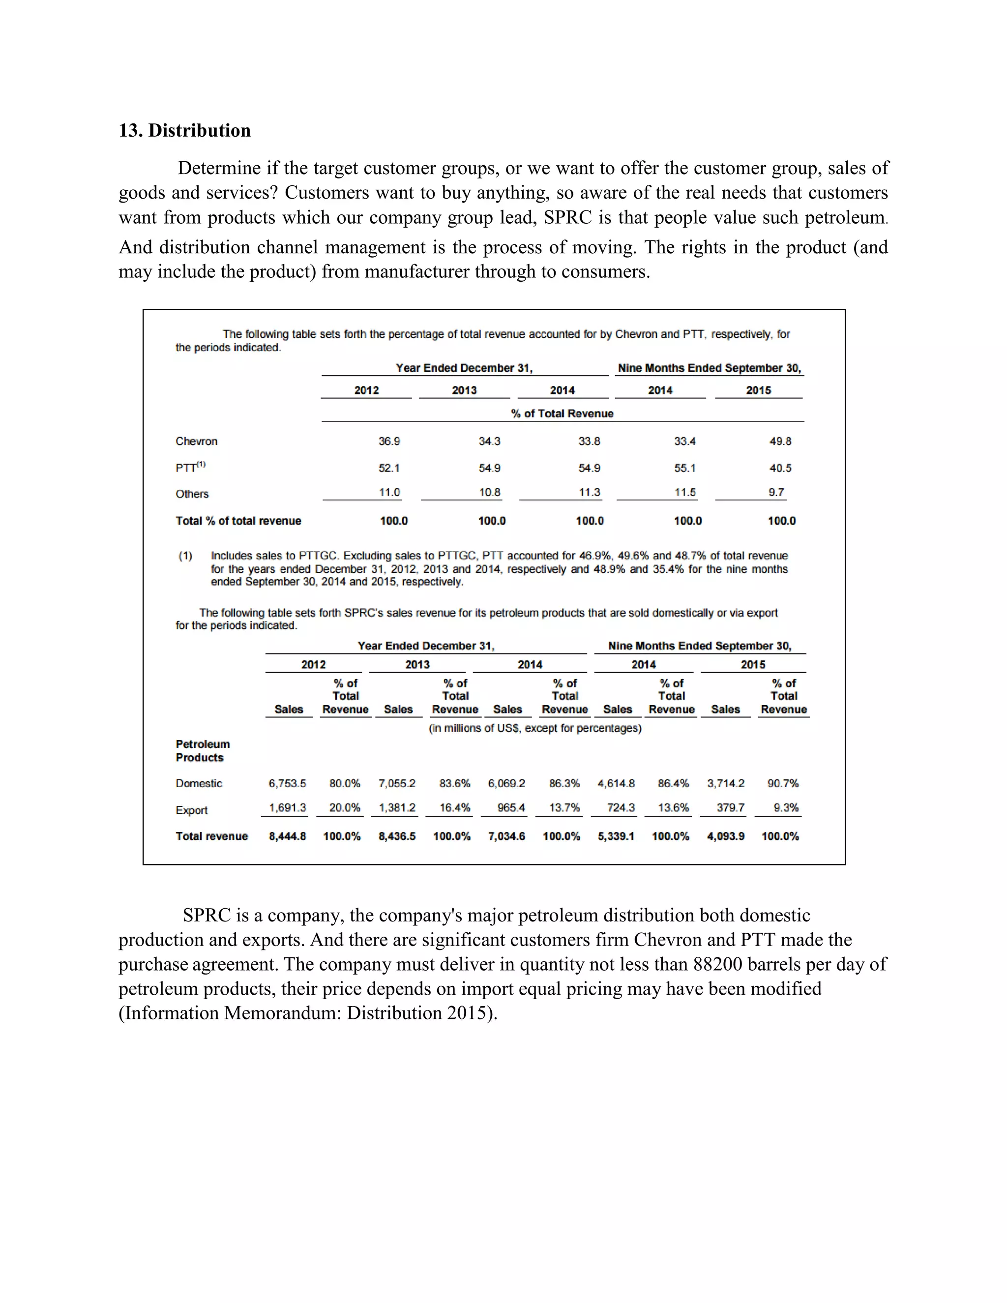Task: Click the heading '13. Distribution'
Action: coord(184,131)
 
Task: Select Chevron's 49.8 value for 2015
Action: coord(780,442)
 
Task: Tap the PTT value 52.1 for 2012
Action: coord(389,468)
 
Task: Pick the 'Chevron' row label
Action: coord(196,442)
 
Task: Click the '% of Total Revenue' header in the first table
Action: coord(562,414)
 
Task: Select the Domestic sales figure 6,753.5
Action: coord(287,783)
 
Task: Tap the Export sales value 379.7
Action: coord(730,808)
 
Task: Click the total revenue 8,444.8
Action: coord(287,836)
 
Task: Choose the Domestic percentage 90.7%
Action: coord(783,783)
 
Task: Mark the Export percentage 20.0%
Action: coord(344,808)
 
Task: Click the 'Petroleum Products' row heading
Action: coord(202,750)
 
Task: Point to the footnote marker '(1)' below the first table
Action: coord(185,556)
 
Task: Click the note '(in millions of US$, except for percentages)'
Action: coord(534,729)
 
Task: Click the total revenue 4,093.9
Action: coord(725,836)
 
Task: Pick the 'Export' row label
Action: coord(191,810)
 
